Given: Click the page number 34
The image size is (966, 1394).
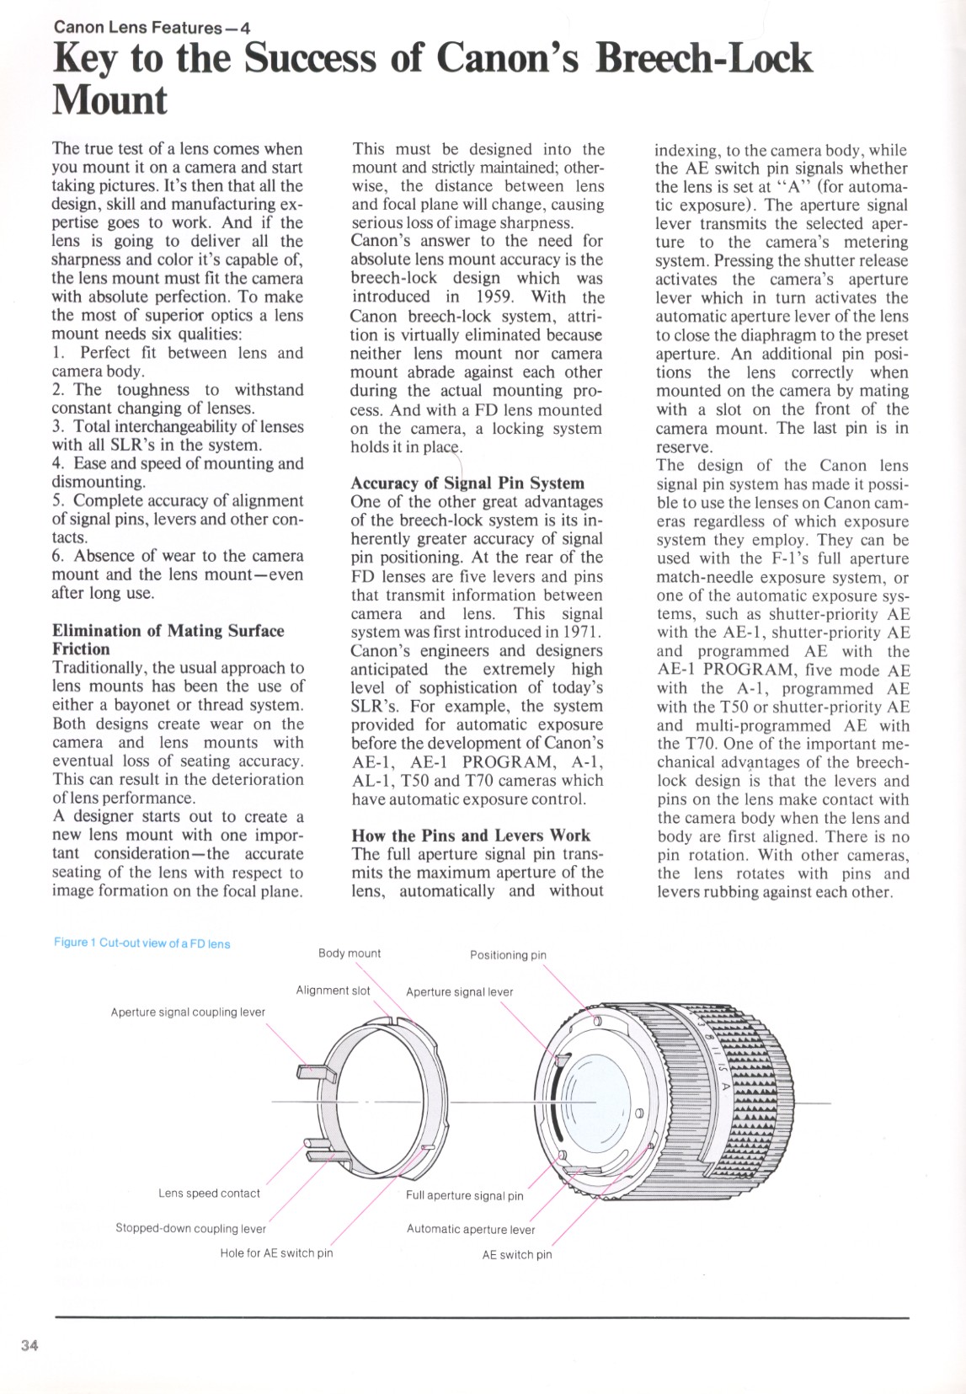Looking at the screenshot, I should coord(29,1345).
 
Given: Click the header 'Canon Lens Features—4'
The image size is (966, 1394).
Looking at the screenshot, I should coord(152,27).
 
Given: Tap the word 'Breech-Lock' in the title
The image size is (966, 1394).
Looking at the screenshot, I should coord(703,59).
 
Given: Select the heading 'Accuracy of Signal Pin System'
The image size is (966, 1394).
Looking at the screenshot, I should coord(467,483).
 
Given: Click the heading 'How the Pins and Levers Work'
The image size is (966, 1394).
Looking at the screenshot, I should coord(471,836).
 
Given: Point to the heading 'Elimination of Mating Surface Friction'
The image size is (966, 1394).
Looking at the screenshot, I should coord(168,639).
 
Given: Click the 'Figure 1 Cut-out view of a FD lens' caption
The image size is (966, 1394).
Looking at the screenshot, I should coord(141,943).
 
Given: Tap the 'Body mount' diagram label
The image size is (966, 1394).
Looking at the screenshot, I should coord(350,953).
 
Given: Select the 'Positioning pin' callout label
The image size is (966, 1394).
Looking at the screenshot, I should coord(508,955).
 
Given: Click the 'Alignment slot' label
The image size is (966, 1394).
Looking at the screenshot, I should coord(333,991).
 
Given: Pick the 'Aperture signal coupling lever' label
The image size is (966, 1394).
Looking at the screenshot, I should coord(188,1012).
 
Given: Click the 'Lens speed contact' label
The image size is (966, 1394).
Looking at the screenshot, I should coord(209,1194).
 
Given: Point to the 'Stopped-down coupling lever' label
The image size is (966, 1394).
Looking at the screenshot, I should coord(190,1229).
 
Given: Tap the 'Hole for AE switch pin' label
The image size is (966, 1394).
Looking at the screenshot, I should coord(276,1253).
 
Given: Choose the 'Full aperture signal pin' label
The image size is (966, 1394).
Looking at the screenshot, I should coord(464,1196).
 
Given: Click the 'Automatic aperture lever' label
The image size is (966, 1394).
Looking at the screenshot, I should coord(471,1230).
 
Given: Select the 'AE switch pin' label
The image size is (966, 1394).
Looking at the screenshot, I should coord(517,1255).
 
